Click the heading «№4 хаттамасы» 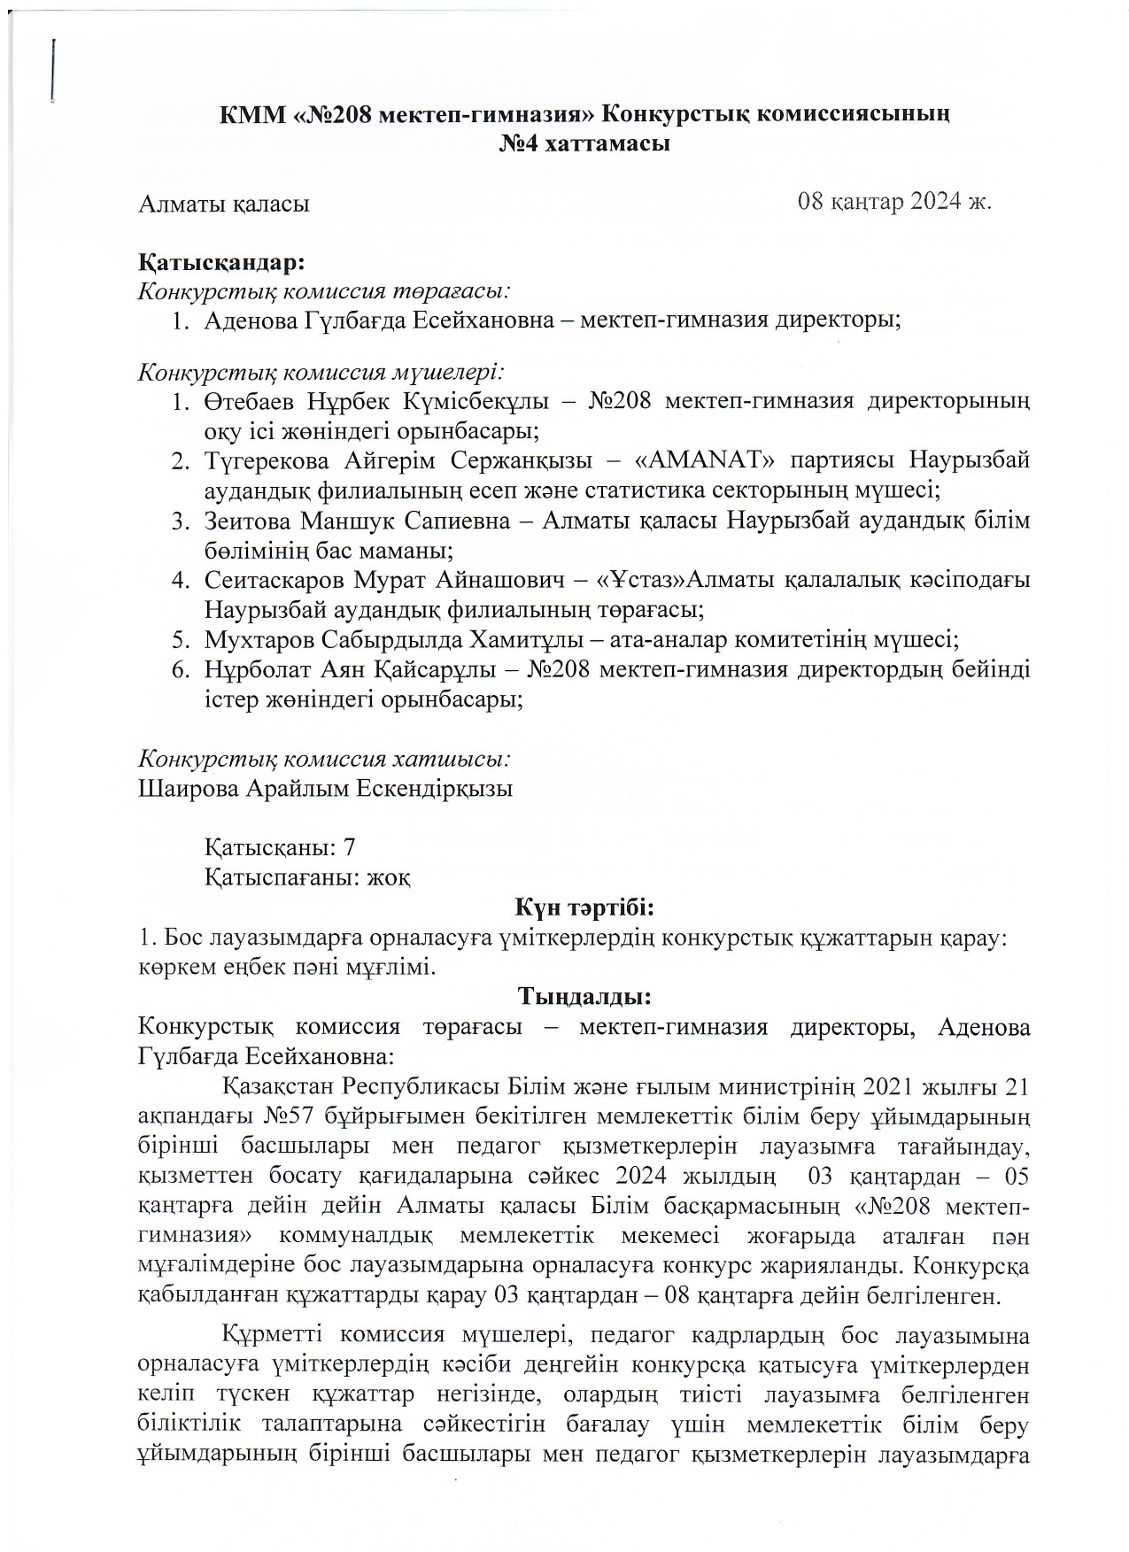[584, 143]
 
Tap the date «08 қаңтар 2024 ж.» [894, 201]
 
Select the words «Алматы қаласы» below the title [224, 204]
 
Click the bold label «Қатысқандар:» [222, 263]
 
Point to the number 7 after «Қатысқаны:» [349, 847]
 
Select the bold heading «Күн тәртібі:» [584, 907]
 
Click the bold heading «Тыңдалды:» [584, 997]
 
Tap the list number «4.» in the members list [182, 580]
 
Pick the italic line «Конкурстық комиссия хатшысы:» [324, 759]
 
